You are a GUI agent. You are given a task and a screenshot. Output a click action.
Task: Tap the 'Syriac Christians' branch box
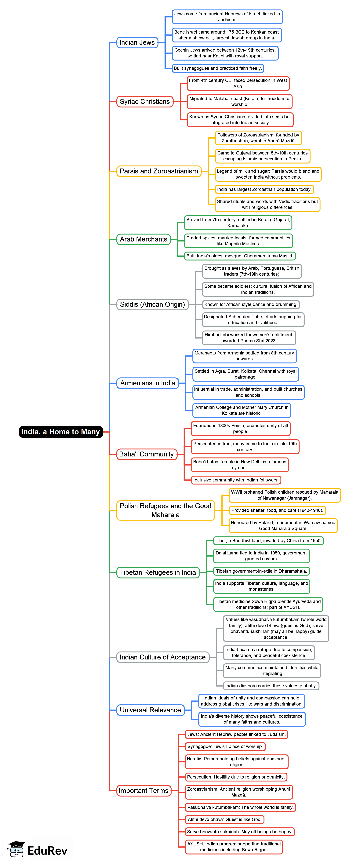[x=145, y=102]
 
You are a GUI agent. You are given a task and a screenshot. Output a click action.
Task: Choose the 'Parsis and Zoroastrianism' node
[x=159, y=171]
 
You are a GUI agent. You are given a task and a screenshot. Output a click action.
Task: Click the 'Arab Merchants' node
[x=144, y=239]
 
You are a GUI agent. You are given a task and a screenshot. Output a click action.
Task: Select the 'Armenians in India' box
[x=148, y=383]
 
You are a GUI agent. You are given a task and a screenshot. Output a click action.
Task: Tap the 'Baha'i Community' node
[x=146, y=454]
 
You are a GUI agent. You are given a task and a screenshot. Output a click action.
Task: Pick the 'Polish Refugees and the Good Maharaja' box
[x=165, y=510]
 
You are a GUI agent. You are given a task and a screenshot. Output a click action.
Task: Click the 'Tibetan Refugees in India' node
[x=158, y=572]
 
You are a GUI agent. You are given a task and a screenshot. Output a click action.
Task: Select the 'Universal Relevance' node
[x=150, y=710]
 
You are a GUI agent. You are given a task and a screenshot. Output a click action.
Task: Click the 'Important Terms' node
[x=144, y=790]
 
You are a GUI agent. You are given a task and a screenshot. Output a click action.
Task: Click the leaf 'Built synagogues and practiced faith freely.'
[x=217, y=68]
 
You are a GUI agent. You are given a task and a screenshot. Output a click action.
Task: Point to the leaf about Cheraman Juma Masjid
[x=240, y=256]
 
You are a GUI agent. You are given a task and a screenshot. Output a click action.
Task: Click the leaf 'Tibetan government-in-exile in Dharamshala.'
[x=261, y=571]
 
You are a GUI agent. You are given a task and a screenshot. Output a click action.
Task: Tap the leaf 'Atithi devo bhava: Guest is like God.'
[x=224, y=819]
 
